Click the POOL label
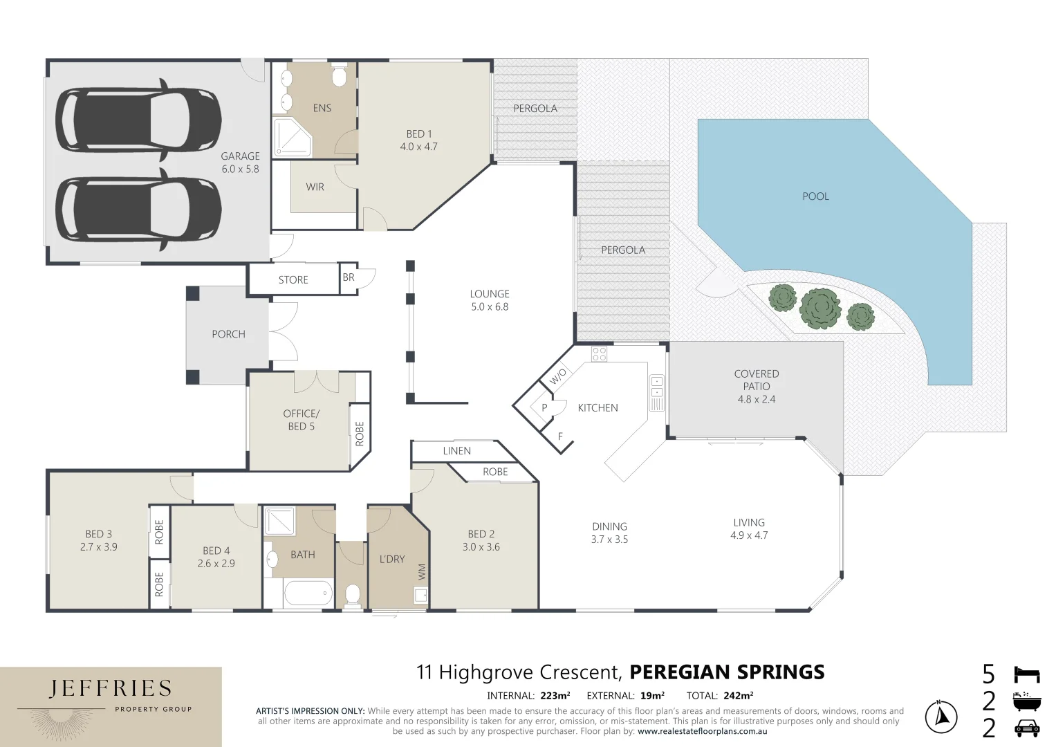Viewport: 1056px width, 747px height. [x=815, y=196]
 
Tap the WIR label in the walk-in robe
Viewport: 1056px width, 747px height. [x=315, y=187]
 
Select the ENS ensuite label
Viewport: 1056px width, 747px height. [x=322, y=108]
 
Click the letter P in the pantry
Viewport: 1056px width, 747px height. [x=544, y=407]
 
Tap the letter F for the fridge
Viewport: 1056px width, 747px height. [x=560, y=436]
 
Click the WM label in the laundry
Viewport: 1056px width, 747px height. [x=421, y=572]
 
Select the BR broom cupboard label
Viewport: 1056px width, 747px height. [x=349, y=277]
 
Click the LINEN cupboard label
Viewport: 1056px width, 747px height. [x=457, y=451]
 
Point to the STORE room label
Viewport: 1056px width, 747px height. [x=293, y=279]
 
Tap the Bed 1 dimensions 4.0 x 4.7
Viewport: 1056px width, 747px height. [x=418, y=147]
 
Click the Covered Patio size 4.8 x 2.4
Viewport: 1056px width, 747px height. [x=757, y=399]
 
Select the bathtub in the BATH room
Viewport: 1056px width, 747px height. [x=308, y=593]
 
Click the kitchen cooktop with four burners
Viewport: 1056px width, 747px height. [x=599, y=354]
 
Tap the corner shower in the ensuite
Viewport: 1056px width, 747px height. [x=293, y=137]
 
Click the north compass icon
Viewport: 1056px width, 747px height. [x=941, y=717]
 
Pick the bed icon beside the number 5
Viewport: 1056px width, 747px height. [x=1027, y=674]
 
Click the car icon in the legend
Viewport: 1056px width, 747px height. [x=1027, y=728]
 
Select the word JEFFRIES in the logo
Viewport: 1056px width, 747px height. [x=111, y=689]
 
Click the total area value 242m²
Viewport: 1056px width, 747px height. [x=739, y=696]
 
